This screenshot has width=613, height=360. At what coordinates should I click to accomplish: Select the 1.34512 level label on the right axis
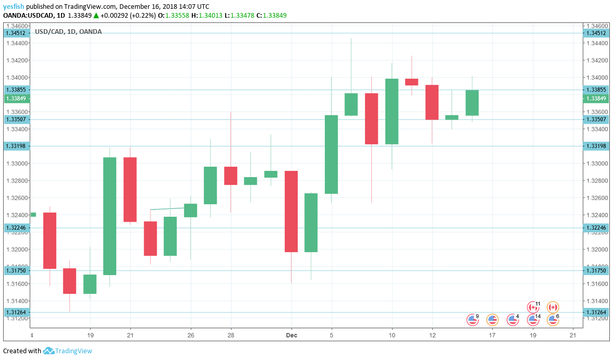(596, 33)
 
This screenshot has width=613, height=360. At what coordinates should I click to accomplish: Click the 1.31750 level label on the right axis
(596, 270)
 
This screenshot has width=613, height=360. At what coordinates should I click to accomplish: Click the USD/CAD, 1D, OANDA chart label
(68, 32)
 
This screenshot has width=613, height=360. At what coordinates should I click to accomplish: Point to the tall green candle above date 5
(331, 154)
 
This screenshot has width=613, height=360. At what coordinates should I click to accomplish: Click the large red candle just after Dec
(291, 211)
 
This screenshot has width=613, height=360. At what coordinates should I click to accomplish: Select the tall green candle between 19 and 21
(109, 216)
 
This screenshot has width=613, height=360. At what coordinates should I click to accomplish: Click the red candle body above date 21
(130, 189)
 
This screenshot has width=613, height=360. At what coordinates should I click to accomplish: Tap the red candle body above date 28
(230, 176)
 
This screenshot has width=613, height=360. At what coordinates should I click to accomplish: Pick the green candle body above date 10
(392, 111)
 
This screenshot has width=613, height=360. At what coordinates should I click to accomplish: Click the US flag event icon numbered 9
(472, 319)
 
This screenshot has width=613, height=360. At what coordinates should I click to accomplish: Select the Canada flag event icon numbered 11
(533, 307)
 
